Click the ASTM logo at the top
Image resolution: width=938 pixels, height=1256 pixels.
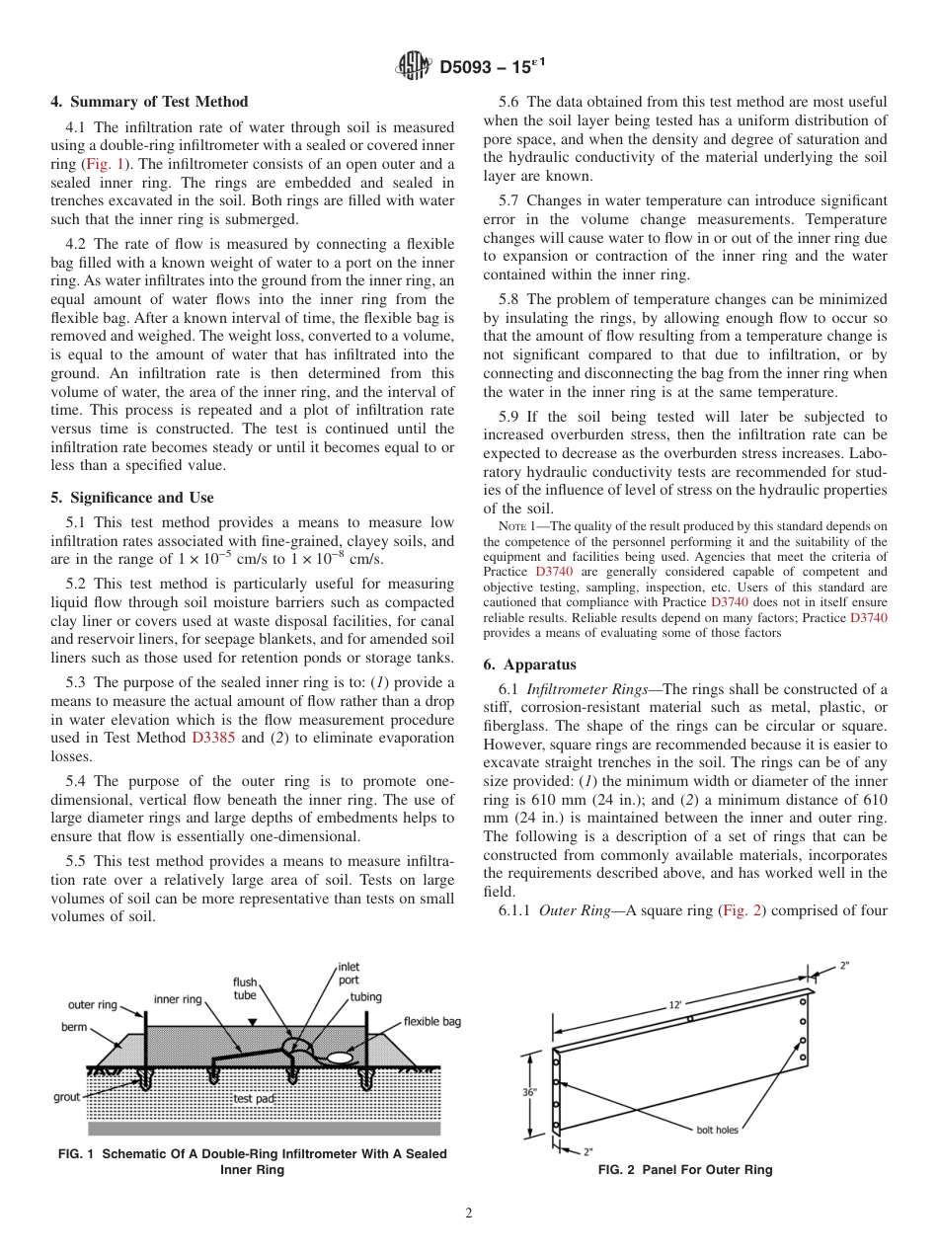click(414, 66)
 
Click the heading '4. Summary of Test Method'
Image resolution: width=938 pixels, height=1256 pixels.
click(149, 102)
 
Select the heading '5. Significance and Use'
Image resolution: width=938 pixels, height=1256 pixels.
click(131, 498)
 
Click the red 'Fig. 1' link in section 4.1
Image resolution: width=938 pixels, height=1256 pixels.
click(99, 164)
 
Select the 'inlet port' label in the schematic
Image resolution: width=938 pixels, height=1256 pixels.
click(349, 974)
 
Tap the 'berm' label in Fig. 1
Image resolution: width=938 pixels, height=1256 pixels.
click(74, 1027)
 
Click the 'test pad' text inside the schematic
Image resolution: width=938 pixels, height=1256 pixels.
click(254, 1098)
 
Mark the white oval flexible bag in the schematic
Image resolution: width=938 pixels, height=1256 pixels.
click(341, 1057)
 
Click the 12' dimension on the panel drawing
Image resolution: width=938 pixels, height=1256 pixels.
click(675, 1003)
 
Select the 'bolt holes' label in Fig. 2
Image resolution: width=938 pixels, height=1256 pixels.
click(712, 1129)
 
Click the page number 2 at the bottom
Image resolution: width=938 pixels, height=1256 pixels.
click(469, 1214)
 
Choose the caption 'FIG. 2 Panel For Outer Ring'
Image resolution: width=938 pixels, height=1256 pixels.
click(685, 1170)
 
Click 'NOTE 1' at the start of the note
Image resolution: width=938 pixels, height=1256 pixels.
click(519, 526)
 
